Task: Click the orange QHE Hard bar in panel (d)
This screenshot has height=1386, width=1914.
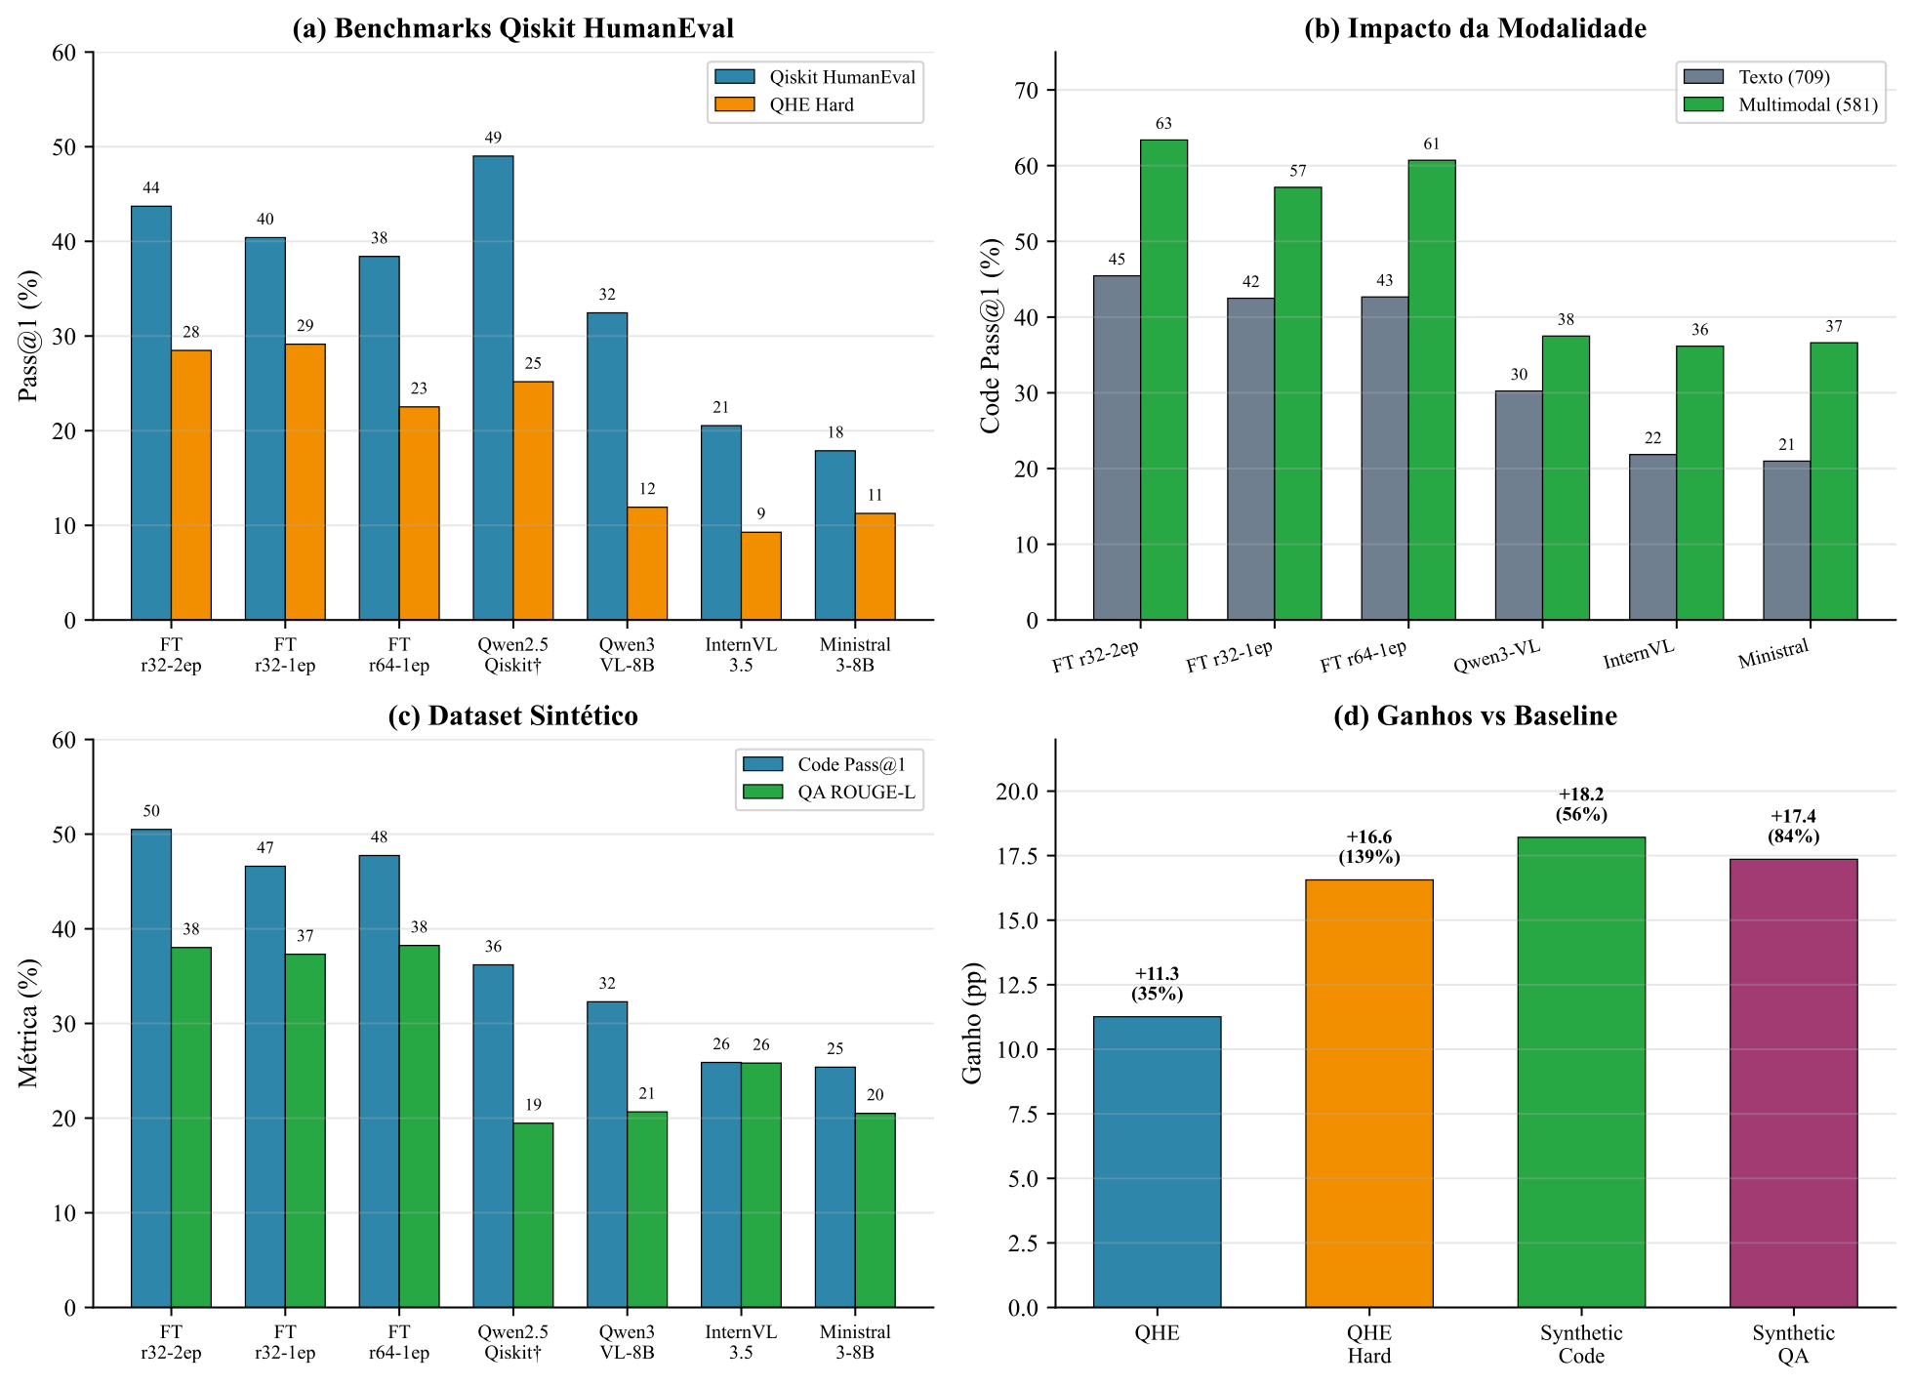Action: click(x=1368, y=1093)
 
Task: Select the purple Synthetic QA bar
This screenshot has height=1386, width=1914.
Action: click(x=1793, y=1082)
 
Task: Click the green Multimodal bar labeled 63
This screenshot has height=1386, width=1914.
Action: click(x=1163, y=380)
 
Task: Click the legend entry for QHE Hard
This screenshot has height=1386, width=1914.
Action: click(x=811, y=104)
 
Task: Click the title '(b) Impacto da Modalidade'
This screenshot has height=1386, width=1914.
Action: click(x=1475, y=28)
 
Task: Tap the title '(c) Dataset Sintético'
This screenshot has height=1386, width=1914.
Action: click(x=512, y=715)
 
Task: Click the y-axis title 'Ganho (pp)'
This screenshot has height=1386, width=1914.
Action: click(x=972, y=1023)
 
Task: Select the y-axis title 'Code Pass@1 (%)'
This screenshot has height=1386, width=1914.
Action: click(x=991, y=336)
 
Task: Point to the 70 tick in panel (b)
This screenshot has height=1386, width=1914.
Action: click(x=1028, y=90)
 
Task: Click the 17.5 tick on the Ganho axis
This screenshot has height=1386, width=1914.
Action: click(x=1017, y=856)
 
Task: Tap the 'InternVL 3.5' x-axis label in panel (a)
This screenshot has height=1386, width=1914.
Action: click(x=741, y=655)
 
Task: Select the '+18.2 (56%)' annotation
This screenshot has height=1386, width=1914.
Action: click(x=1581, y=804)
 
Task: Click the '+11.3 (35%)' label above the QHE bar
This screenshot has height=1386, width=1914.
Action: click(x=1157, y=984)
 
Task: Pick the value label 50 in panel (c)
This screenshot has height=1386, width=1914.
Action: click(x=151, y=811)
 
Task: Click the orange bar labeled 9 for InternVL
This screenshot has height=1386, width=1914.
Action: click(x=760, y=576)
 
